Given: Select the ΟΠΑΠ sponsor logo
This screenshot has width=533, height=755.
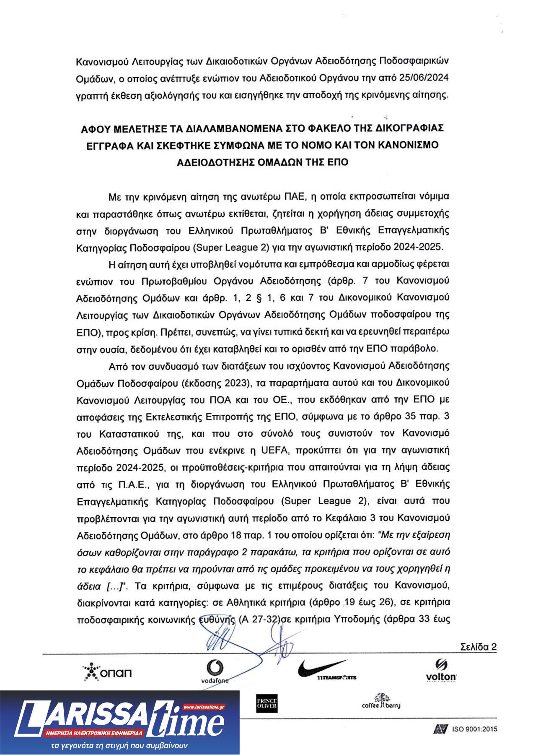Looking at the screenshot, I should click(x=107, y=672).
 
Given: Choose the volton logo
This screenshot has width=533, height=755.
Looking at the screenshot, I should click(x=441, y=670).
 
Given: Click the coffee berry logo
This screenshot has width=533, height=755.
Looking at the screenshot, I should click(x=381, y=702).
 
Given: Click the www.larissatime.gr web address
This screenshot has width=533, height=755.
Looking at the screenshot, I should click(x=204, y=706).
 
